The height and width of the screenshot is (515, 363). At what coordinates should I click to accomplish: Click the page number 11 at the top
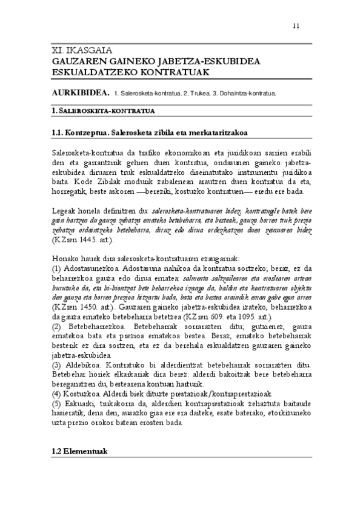[x=295, y=26]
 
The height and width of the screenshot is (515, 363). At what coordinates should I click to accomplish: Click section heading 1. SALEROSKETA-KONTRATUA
[x=102, y=111]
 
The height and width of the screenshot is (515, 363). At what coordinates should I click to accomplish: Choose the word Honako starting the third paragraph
[x=64, y=257]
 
